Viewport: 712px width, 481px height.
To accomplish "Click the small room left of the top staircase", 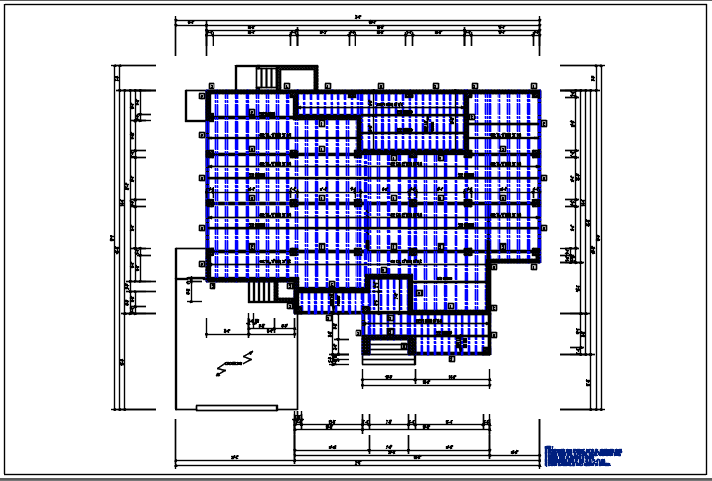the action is coord(245,79).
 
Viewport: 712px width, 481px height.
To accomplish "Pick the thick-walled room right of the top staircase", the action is coord(299,79).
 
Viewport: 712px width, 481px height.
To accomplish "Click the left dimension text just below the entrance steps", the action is coord(389,377).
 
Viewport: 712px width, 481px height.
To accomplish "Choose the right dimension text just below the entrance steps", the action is coord(451,377).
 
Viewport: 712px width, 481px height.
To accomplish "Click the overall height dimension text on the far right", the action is coord(599,237).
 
